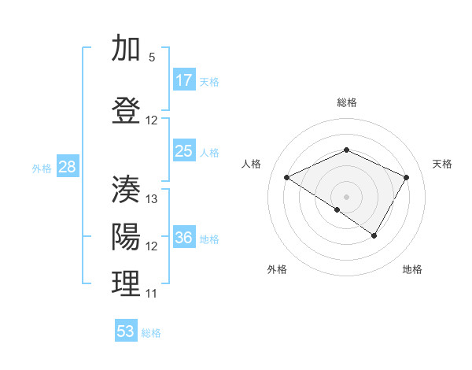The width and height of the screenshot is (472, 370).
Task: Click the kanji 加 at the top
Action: [126, 49]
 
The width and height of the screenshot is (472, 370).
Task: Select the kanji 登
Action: [126, 111]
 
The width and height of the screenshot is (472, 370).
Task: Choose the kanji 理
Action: [126, 284]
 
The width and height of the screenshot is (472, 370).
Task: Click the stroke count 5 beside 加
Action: [152, 57]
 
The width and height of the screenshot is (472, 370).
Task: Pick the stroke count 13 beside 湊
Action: [152, 199]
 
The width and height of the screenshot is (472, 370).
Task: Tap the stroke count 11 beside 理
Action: [152, 294]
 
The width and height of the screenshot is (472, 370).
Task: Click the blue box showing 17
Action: [184, 80]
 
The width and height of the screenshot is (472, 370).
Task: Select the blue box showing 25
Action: [184, 151]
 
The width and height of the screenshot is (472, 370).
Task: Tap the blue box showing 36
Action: [184, 238]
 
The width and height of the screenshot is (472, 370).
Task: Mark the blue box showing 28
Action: [67, 167]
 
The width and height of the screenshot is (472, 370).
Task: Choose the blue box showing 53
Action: [126, 331]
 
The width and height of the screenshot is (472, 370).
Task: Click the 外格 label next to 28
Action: [42, 168]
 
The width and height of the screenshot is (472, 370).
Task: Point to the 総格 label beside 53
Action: [151, 333]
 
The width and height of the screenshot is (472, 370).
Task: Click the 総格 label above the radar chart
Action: [346, 102]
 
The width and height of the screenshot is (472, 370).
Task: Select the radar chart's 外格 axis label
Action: [277, 269]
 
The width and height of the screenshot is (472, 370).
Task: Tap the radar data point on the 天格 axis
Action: [407, 177]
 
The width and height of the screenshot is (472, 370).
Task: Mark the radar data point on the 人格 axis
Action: [287, 178]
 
